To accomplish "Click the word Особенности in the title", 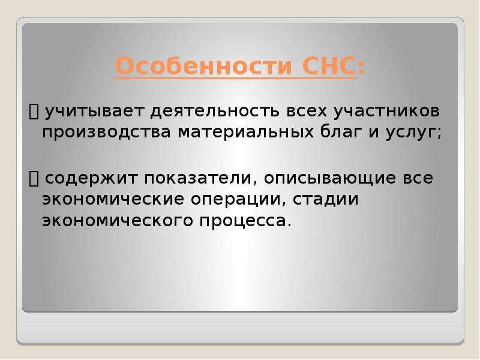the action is (x=204, y=66).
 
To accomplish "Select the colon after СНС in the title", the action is (x=361, y=68).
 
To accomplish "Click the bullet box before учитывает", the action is (x=34, y=111).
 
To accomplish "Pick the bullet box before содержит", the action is (x=34, y=179).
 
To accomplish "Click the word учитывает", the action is (x=95, y=112).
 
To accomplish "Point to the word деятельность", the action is (x=215, y=111).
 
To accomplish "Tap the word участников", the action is (x=386, y=112).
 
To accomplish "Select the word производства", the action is (x=106, y=133).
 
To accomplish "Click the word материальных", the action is (x=246, y=133).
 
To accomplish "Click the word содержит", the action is (x=92, y=179).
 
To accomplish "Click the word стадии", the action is (x=326, y=200).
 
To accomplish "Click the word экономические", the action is (x=113, y=200).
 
